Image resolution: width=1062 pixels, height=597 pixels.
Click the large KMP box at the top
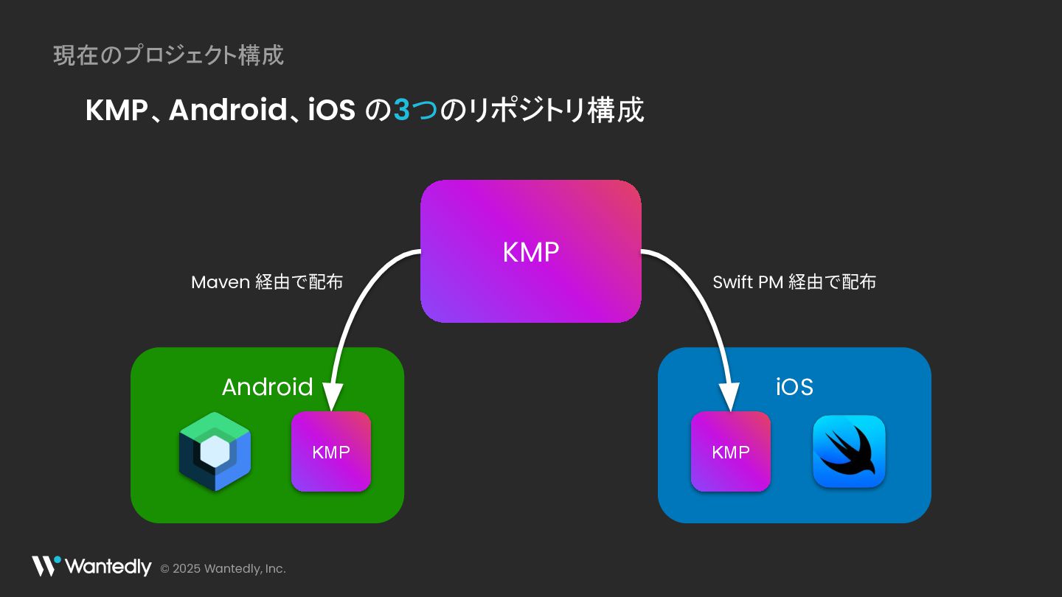point(530,251)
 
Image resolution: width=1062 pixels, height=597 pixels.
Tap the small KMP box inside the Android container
point(331,451)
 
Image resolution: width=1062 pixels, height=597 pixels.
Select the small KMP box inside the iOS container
point(730,451)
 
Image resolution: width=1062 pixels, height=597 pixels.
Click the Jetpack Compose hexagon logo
point(215,452)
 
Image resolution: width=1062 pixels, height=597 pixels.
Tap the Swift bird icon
point(849,451)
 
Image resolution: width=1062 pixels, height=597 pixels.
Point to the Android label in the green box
point(267,387)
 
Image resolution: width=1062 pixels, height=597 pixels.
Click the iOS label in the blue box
point(794,387)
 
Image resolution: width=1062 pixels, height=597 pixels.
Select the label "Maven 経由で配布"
point(267,282)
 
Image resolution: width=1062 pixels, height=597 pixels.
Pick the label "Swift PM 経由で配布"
point(794,282)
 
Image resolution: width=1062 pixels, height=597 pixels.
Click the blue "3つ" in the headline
point(415,111)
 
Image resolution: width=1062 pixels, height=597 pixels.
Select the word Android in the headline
point(227,111)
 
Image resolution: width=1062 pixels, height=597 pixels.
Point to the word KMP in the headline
point(117,111)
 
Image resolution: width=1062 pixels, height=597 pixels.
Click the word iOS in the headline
point(332,111)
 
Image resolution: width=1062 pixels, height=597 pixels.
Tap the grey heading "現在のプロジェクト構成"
point(168,55)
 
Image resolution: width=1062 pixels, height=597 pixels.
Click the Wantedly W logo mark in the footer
point(46,566)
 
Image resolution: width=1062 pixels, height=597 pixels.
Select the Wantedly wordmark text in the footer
point(108,567)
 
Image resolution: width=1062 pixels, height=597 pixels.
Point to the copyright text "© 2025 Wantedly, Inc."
point(223,569)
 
